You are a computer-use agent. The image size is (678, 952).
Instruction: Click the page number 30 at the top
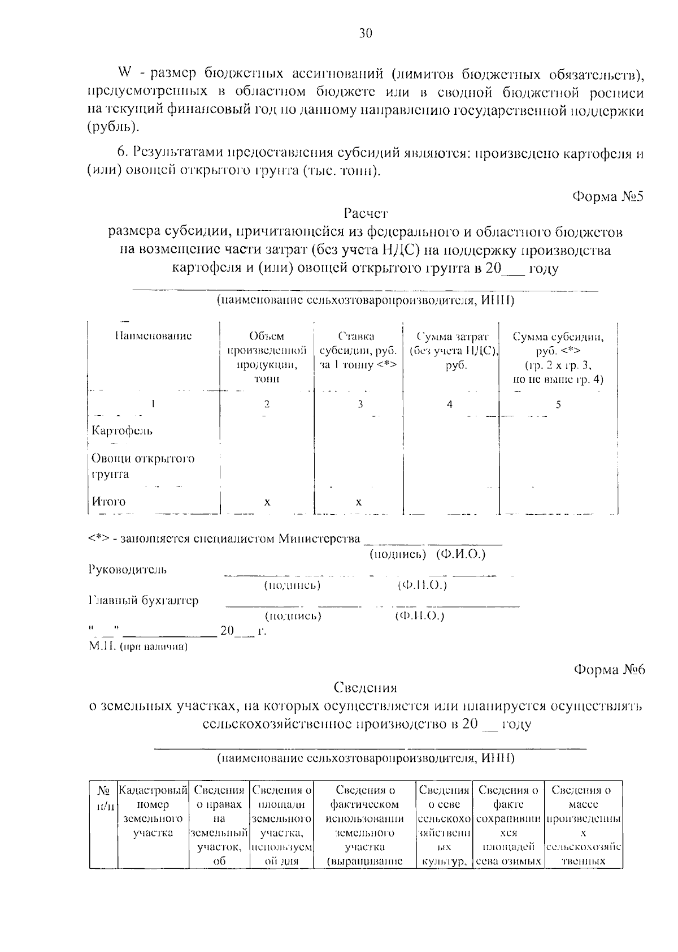[366, 34]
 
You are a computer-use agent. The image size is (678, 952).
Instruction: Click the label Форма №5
[608, 196]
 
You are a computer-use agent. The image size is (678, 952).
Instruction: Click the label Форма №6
[609, 670]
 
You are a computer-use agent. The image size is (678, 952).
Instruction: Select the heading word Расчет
[365, 214]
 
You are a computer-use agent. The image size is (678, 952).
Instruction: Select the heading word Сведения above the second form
[365, 688]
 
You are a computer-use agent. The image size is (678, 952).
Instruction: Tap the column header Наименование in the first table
[153, 336]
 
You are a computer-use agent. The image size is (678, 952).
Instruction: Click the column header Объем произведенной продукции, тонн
[267, 357]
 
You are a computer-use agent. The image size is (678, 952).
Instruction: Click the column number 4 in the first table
[450, 404]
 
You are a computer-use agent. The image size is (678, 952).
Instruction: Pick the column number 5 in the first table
[558, 404]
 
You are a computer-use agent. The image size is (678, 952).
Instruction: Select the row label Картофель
[122, 431]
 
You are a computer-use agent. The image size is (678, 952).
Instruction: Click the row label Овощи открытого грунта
[142, 466]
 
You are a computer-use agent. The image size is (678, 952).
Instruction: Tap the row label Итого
[109, 502]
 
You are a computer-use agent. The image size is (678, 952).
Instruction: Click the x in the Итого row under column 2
[267, 502]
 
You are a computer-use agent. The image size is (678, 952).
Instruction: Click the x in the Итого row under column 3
[359, 502]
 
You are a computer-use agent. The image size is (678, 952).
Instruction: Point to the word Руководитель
[128, 570]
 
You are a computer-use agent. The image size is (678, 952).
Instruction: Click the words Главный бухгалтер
[144, 601]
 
